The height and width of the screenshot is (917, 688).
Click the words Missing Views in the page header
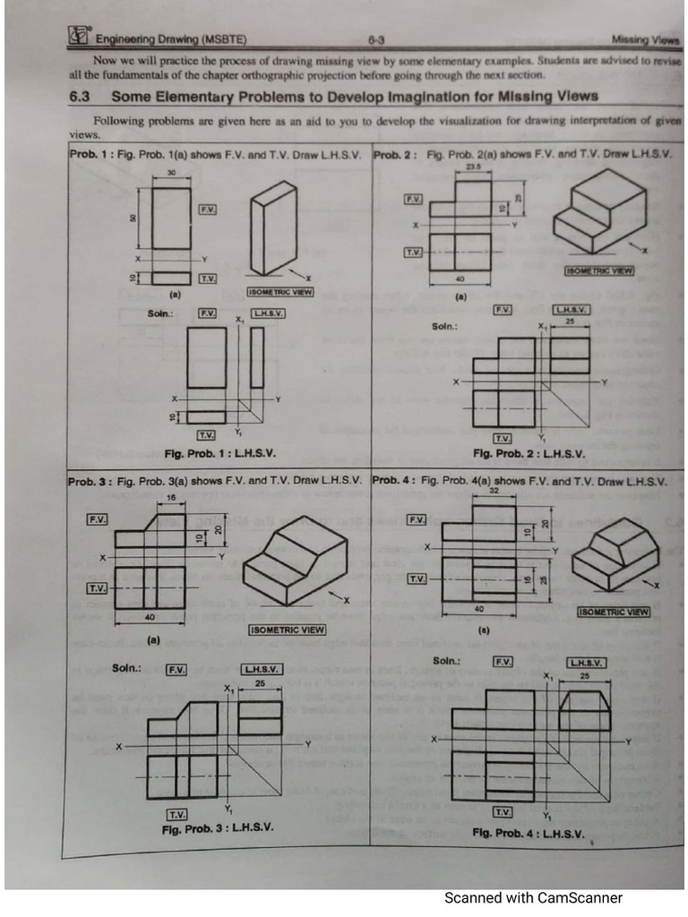(645, 39)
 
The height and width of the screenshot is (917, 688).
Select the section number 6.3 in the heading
(83, 97)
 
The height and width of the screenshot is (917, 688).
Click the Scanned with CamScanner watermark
(533, 897)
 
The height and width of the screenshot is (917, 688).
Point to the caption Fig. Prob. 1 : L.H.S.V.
(219, 454)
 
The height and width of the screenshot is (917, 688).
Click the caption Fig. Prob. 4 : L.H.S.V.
(529, 833)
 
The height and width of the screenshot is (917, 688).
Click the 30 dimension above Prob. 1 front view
(170, 171)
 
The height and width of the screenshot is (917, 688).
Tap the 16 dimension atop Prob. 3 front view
(171, 496)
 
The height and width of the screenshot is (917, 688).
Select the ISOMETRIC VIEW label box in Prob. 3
(287, 630)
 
